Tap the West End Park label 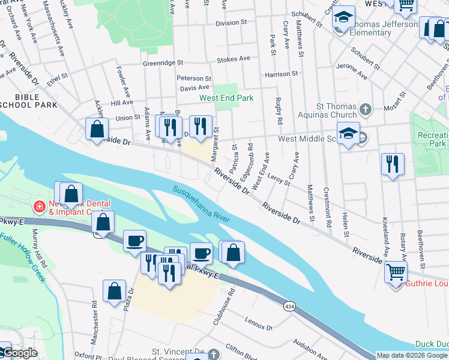[x=226, y=98]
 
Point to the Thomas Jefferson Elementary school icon [x=344, y=17]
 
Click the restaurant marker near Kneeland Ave [x=393, y=164]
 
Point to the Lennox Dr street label [x=259, y=324]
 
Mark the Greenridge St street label [x=162, y=62]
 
